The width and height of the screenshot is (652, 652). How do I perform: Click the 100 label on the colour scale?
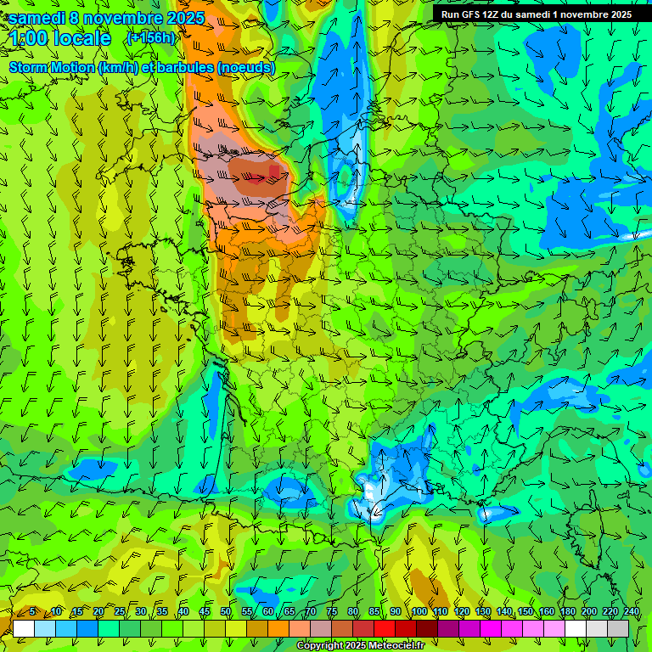click(x=419, y=611)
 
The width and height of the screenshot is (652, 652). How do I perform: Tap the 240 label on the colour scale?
click(x=631, y=611)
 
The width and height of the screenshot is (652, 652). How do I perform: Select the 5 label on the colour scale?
click(x=32, y=611)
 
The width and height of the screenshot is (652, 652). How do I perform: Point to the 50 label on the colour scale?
click(x=226, y=611)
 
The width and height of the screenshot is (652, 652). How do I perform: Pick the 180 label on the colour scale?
click(x=567, y=611)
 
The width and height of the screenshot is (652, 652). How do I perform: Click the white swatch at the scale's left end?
click(x=24, y=628)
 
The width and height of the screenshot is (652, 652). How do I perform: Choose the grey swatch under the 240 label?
click(x=618, y=628)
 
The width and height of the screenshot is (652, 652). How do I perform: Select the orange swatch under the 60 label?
click(x=278, y=628)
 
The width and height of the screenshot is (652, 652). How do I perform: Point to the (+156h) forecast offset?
click(x=151, y=38)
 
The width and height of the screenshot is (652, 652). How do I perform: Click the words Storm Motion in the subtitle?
click(x=50, y=67)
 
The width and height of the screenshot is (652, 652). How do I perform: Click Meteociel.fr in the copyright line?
click(x=395, y=646)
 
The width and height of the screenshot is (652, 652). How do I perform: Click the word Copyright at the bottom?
click(x=319, y=646)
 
